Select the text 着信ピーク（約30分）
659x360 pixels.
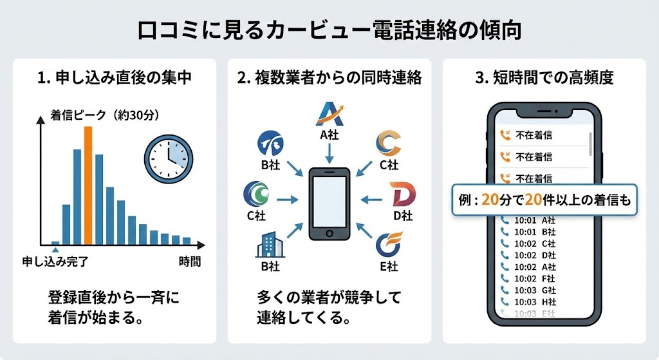tap(104, 116)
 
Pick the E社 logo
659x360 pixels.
tap(389, 244)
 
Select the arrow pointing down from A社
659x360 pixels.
tap(329, 152)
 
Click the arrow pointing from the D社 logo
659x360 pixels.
tap(372, 200)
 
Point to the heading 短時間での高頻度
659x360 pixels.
tap(544, 78)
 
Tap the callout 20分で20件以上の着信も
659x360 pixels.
tap(544, 200)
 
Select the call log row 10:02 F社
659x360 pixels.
tap(527, 278)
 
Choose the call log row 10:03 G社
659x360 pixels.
tap(527, 290)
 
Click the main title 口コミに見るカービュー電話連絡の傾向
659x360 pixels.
tap(329, 30)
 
